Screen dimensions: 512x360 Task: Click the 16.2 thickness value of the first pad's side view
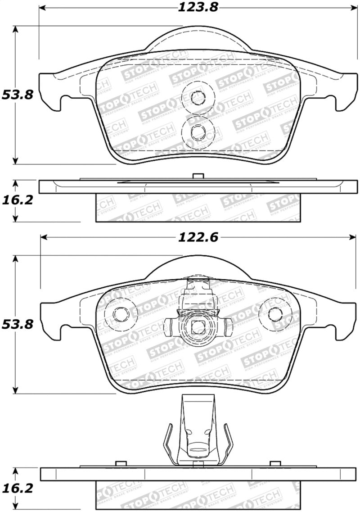18,200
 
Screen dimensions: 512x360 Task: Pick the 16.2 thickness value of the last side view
18,488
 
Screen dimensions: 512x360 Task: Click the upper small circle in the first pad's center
197,97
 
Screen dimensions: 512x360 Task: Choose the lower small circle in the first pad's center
197,131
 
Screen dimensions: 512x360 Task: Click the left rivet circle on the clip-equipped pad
120,313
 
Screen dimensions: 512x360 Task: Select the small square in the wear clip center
197,328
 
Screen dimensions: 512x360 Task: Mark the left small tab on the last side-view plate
120,463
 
